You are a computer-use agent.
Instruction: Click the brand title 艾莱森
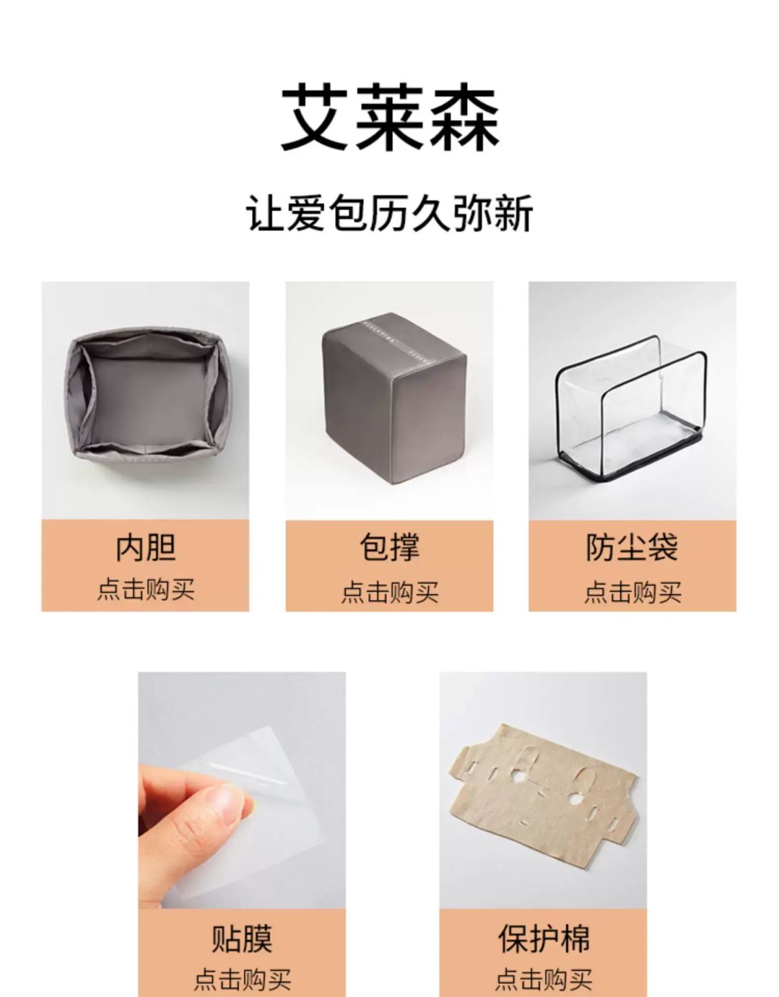click(389, 117)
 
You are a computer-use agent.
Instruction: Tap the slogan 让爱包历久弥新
click(389, 214)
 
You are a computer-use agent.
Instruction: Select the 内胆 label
click(145, 547)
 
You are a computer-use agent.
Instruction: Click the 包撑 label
click(389, 547)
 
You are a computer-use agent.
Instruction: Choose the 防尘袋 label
click(632, 547)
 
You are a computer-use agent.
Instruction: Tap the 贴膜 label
click(241, 939)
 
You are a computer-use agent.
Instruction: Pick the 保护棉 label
click(543, 939)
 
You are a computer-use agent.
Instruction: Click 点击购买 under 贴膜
click(241, 980)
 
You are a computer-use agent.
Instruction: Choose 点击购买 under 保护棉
click(543, 980)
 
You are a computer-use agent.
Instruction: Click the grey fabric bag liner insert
click(145, 399)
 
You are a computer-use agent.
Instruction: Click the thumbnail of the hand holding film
click(241, 790)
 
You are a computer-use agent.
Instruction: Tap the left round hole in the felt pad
click(519, 777)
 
